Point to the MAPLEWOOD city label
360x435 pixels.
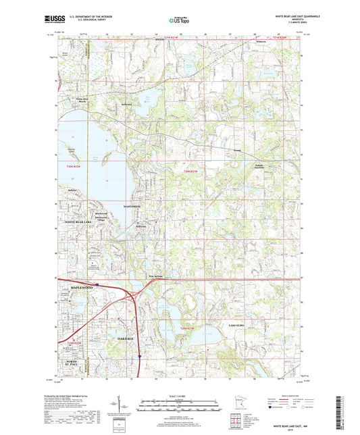pos(76,288)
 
